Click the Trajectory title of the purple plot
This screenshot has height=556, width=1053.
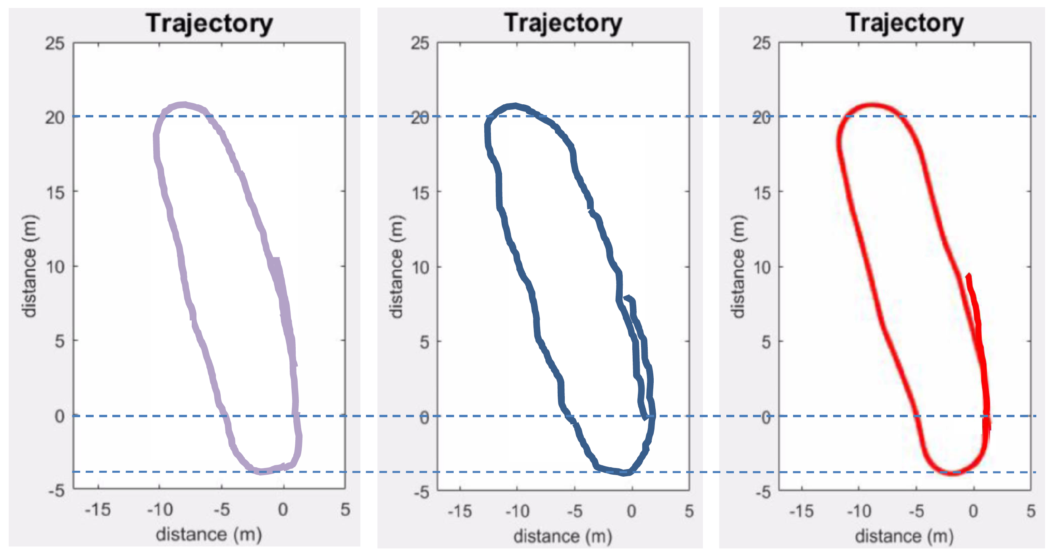(209, 23)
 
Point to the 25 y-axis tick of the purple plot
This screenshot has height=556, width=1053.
(55, 43)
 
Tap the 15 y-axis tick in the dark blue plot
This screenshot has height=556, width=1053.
(420, 192)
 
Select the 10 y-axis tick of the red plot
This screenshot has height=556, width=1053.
(762, 268)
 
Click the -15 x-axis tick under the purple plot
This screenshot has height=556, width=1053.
(98, 510)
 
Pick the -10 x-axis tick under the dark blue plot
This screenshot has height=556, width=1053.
(517, 511)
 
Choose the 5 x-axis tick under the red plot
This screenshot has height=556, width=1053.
(1031, 511)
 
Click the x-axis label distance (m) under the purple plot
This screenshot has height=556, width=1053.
(209, 534)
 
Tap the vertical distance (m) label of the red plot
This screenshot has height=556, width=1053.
(738, 266)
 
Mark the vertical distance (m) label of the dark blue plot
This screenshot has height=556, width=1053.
(397, 266)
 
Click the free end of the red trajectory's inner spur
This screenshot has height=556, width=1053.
(968, 276)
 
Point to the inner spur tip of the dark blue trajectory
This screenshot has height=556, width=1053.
(626, 297)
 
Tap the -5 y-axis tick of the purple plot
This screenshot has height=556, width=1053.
(56, 490)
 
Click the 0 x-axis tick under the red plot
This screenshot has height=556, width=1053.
(973, 511)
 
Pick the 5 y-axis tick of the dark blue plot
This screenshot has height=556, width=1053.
(424, 342)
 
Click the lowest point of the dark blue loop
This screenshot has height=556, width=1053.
(624, 474)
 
